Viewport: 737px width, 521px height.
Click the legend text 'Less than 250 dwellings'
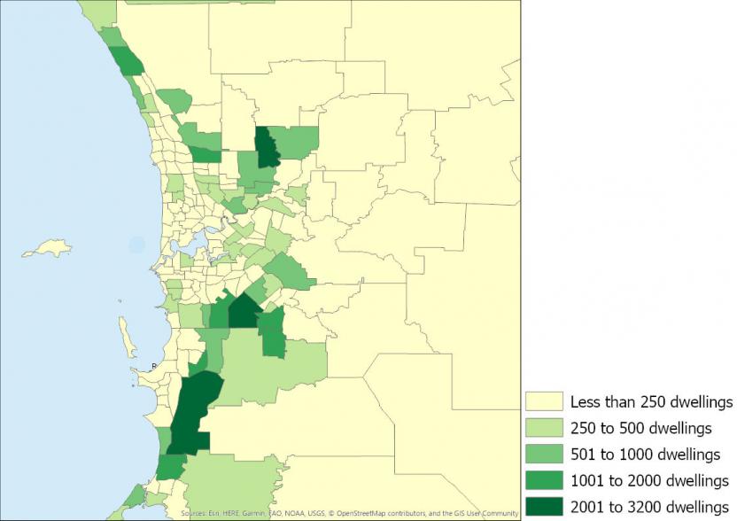[x=651, y=401]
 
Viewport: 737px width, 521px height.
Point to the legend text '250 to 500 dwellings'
[x=640, y=428]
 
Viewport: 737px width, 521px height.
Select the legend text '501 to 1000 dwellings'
[x=645, y=455]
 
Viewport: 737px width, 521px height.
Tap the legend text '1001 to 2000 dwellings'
[x=649, y=480]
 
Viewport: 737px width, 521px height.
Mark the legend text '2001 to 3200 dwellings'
[x=649, y=507]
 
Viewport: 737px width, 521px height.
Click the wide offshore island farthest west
[x=46, y=252]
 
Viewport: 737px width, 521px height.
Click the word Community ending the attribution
[x=500, y=513]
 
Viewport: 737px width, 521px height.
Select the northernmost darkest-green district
[x=267, y=148]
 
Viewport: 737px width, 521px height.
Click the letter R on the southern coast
[x=154, y=365]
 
